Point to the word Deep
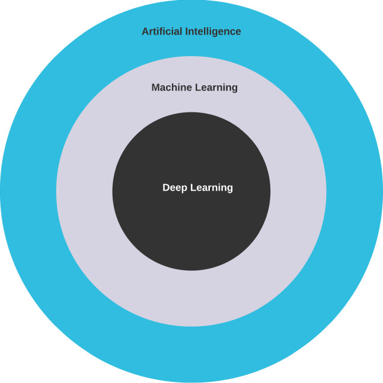[x=174, y=188]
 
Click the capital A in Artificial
[x=145, y=31]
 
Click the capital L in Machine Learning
[x=196, y=88]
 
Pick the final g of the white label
[x=230, y=189]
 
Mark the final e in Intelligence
[x=238, y=32]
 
